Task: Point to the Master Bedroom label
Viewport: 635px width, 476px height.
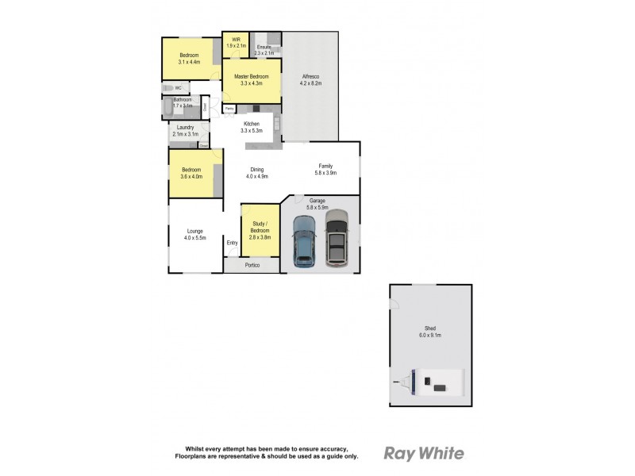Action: point(251,77)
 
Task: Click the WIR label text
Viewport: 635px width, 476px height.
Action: point(236,40)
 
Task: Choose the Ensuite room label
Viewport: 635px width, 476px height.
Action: point(264,47)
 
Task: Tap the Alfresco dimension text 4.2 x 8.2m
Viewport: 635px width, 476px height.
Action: point(310,83)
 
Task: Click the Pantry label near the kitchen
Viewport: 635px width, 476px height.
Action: point(229,108)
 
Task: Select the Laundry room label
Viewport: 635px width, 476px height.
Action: point(186,127)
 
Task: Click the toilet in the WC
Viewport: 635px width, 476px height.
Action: point(168,87)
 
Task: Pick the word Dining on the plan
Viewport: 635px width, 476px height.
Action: point(257,169)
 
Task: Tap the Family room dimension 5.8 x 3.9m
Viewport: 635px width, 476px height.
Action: point(326,173)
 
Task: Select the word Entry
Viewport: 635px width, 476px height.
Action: point(233,243)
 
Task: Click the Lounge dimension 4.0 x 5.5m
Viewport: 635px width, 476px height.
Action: point(195,238)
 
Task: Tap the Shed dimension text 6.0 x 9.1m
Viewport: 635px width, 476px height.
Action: point(429,336)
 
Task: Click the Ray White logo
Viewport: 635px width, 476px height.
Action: point(424,454)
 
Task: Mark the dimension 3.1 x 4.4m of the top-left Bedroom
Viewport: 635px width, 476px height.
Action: point(189,61)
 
